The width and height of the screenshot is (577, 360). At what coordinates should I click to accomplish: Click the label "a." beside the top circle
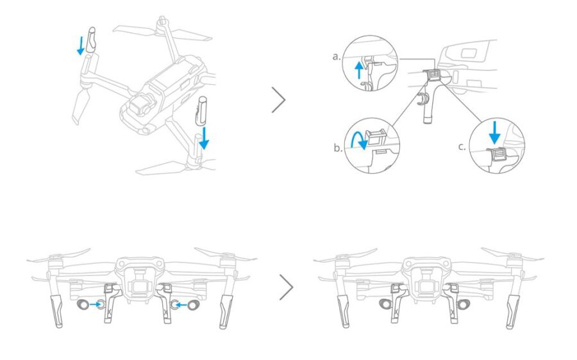pyautogui.click(x=336, y=56)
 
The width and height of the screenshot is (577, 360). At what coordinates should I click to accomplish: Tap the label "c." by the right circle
pyautogui.click(x=462, y=146)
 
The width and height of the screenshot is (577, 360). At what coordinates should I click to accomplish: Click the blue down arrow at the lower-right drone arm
pyautogui.click(x=203, y=136)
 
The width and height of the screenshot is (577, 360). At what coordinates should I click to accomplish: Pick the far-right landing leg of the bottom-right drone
pyautogui.click(x=512, y=311)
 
